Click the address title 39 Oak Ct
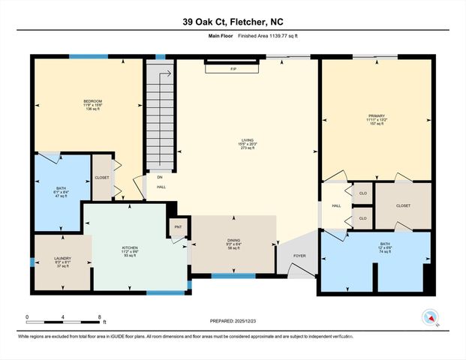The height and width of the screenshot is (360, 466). coord(233,22)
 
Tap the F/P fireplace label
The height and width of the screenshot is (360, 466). coord(233,69)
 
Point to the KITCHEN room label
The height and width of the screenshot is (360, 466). coord(130,247)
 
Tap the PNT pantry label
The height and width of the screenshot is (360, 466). coord(178,226)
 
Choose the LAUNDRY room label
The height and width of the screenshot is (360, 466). coord(62,258)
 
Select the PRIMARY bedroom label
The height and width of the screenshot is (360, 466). coord(376,116)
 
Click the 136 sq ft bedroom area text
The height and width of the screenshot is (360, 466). coord(92,109)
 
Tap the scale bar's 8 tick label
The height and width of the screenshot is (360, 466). coord(99,316)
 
